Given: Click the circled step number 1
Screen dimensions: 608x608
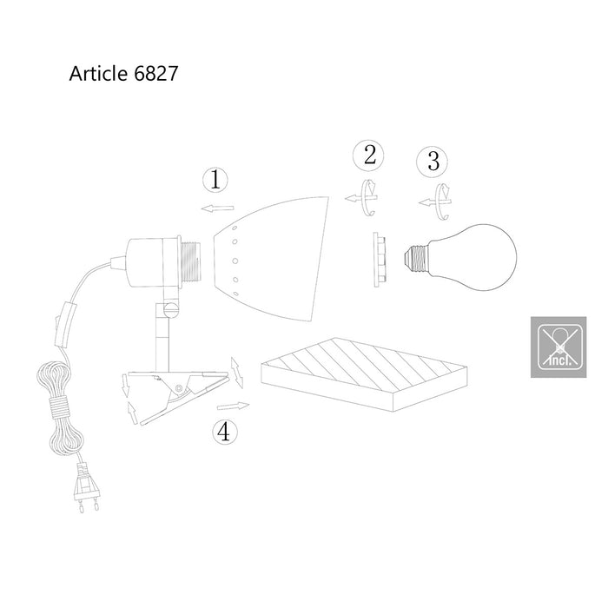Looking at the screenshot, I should click(x=215, y=181).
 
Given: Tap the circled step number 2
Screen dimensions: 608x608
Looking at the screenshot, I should click(x=370, y=156).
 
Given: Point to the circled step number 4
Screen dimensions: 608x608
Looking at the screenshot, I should click(x=224, y=432).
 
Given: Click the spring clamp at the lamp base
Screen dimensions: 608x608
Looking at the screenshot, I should click(x=178, y=391).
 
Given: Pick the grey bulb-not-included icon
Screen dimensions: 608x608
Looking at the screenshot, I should click(x=557, y=345).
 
